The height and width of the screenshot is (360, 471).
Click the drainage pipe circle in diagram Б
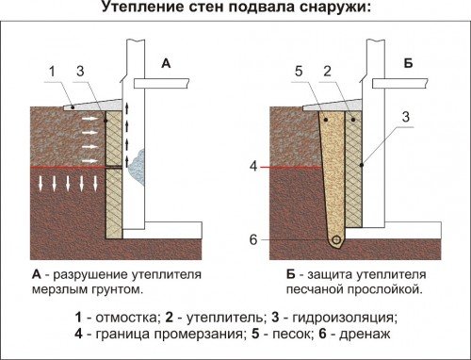pos(334,240)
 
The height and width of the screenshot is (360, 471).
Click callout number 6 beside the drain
pos(253,239)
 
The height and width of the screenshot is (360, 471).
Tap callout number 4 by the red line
pos(253,167)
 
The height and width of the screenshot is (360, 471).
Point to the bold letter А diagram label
pos(166,63)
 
